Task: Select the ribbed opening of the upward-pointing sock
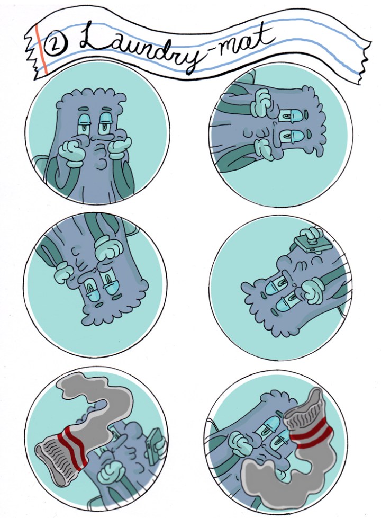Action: [x=304, y=408]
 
